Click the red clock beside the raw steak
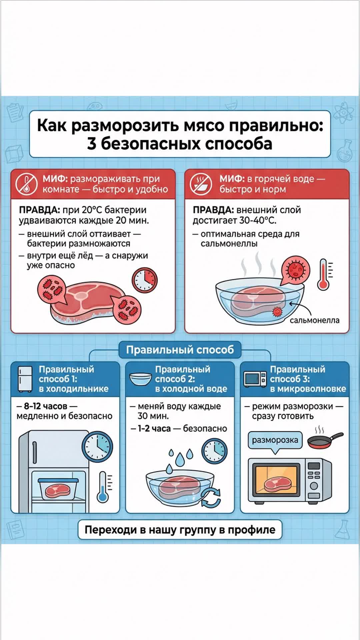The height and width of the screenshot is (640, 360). click(145, 280)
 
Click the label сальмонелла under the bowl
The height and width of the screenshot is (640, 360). click(314, 320)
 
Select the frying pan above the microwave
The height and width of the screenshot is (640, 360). click(325, 440)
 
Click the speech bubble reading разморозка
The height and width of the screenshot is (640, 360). click(275, 440)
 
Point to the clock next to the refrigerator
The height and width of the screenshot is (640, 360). click(97, 447)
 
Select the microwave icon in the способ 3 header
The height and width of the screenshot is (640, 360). click(255, 379)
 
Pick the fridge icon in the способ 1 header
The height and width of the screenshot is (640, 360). click(25, 379)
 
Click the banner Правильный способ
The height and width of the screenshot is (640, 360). click(180, 350)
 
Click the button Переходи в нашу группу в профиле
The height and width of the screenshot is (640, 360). click(180, 530)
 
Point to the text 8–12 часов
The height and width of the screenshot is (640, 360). click(46, 406)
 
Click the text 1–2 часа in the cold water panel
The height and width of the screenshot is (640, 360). click(154, 429)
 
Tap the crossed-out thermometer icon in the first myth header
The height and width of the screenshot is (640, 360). click(26, 184)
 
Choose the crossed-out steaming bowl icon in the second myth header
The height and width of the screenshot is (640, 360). click(201, 184)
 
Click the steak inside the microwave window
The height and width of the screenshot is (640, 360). click(277, 483)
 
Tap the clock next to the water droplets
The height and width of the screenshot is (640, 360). click(214, 451)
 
